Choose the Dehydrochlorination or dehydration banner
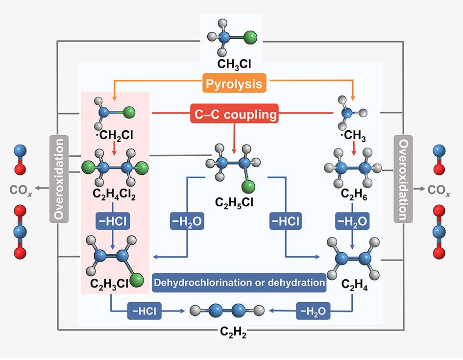click(x=239, y=283)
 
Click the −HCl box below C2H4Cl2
click(x=113, y=221)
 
